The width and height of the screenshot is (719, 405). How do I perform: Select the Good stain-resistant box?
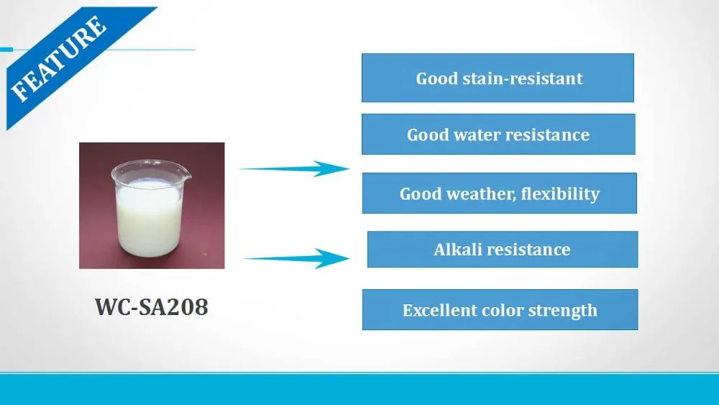pyautogui.click(x=498, y=78)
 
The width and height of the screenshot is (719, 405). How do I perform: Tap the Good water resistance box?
pyautogui.click(x=498, y=135)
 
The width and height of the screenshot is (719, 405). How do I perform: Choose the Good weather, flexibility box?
pyautogui.click(x=499, y=194)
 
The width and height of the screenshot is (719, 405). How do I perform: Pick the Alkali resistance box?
pyautogui.click(x=502, y=250)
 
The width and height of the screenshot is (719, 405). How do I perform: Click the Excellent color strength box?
pyautogui.click(x=500, y=310)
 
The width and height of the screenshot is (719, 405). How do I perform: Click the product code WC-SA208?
pyautogui.click(x=152, y=307)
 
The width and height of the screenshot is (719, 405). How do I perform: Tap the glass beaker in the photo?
pyautogui.click(x=150, y=209)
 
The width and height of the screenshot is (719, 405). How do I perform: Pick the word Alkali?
pyautogui.click(x=457, y=250)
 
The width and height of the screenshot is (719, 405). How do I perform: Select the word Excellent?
pyautogui.click(x=436, y=311)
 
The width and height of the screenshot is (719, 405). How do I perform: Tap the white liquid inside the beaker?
pyautogui.click(x=149, y=223)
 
